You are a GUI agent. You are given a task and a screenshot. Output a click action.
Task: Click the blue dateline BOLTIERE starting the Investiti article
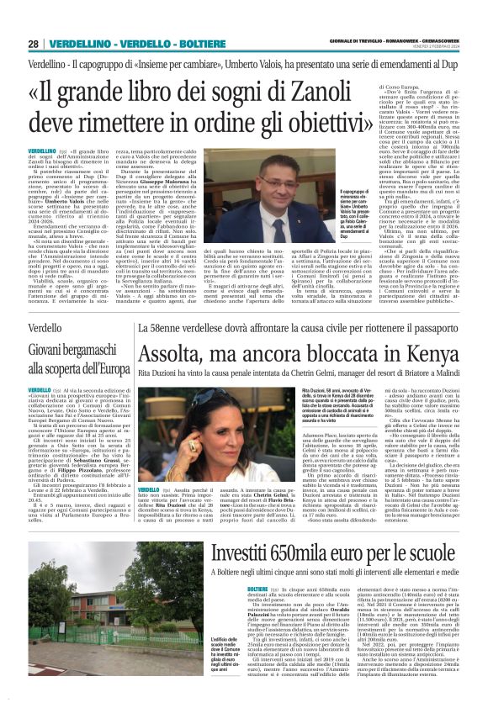click(257, 589)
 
